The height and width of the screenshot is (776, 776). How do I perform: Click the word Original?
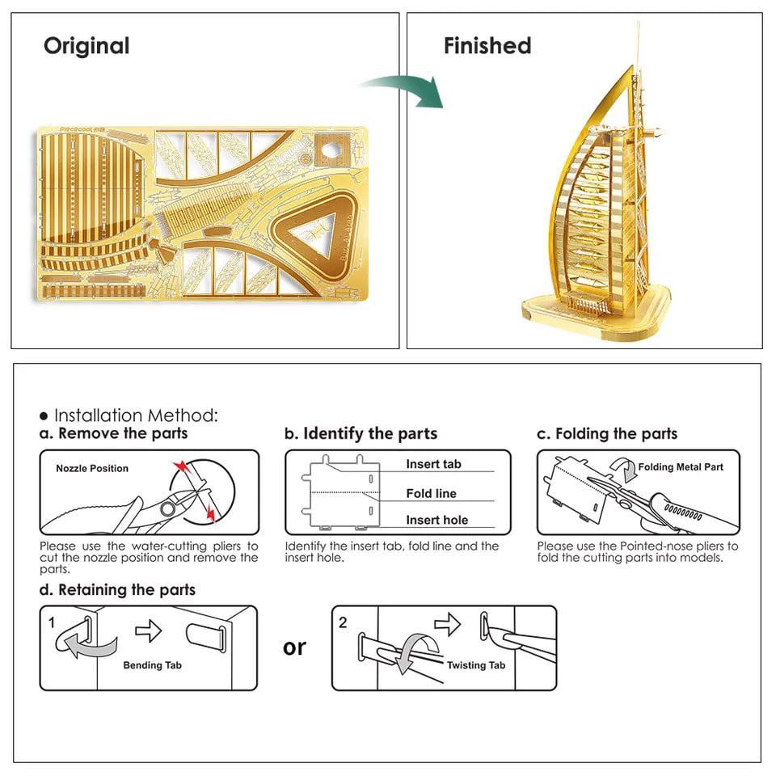point(86,46)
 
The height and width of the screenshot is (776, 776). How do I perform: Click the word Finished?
point(487,46)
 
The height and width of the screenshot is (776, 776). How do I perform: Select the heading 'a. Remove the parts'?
point(114,433)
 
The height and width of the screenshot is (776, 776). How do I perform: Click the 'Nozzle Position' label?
point(92,468)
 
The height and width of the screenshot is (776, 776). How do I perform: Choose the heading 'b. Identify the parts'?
point(361,433)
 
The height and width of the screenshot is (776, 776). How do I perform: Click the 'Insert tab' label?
point(433,464)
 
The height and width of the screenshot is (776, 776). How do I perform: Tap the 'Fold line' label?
point(431,493)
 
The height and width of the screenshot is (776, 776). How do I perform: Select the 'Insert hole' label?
point(436,520)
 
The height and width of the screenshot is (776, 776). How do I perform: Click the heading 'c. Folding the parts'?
point(607,433)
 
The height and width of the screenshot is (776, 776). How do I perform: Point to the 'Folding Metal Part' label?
point(681,466)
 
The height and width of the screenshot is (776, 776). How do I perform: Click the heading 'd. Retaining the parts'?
point(118,590)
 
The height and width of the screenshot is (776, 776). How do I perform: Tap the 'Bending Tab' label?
point(152,665)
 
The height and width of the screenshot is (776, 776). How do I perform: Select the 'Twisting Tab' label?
point(476,664)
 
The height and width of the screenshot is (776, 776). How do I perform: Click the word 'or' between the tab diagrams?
point(294,647)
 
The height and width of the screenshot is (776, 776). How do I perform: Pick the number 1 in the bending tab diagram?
point(52,622)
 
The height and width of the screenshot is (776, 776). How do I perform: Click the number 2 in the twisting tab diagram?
point(343,622)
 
